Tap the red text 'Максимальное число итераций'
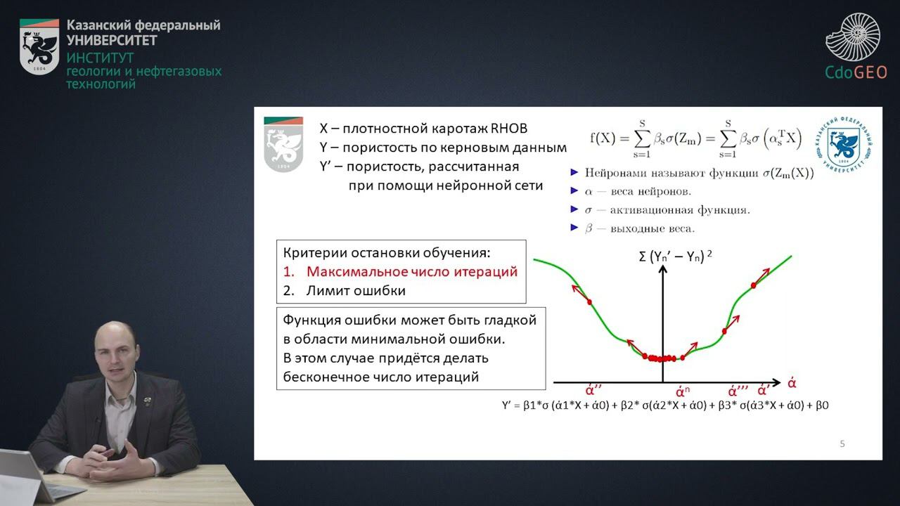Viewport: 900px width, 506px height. click(x=412, y=272)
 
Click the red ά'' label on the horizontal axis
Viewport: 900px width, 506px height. click(x=595, y=390)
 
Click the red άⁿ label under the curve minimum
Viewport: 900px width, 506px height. click(x=682, y=391)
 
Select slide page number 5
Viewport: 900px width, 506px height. click(x=842, y=443)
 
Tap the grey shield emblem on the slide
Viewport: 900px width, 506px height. click(x=283, y=144)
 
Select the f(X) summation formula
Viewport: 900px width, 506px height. click(x=696, y=138)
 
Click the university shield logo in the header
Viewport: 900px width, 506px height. click(x=39, y=46)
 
